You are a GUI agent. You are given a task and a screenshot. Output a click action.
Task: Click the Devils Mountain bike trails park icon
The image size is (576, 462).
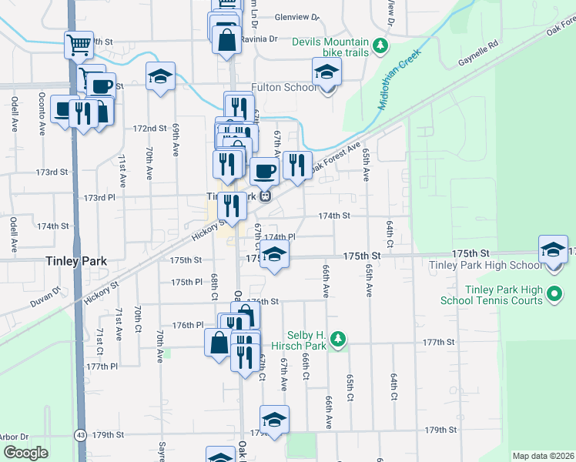pos(380,46)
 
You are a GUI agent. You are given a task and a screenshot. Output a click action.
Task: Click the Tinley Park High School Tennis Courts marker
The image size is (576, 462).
pos(558,294)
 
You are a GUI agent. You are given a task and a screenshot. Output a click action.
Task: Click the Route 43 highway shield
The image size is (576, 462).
pos(81,435)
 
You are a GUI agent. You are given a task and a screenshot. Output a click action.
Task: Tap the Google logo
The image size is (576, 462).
pos(25,452)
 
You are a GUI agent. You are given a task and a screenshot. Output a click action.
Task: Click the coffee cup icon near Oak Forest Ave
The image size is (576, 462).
pos(264,171)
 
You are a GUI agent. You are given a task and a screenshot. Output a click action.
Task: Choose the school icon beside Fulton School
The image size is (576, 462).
pos(327,73)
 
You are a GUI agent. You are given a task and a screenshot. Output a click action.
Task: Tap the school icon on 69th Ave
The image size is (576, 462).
pos(160,76)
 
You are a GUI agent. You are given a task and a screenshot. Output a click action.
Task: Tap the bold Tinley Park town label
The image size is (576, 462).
pos(75,261)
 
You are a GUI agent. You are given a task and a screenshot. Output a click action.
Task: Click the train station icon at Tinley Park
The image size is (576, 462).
pos(265,196)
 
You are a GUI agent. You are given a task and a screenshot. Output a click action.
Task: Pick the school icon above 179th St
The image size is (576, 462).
pos(273,420)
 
